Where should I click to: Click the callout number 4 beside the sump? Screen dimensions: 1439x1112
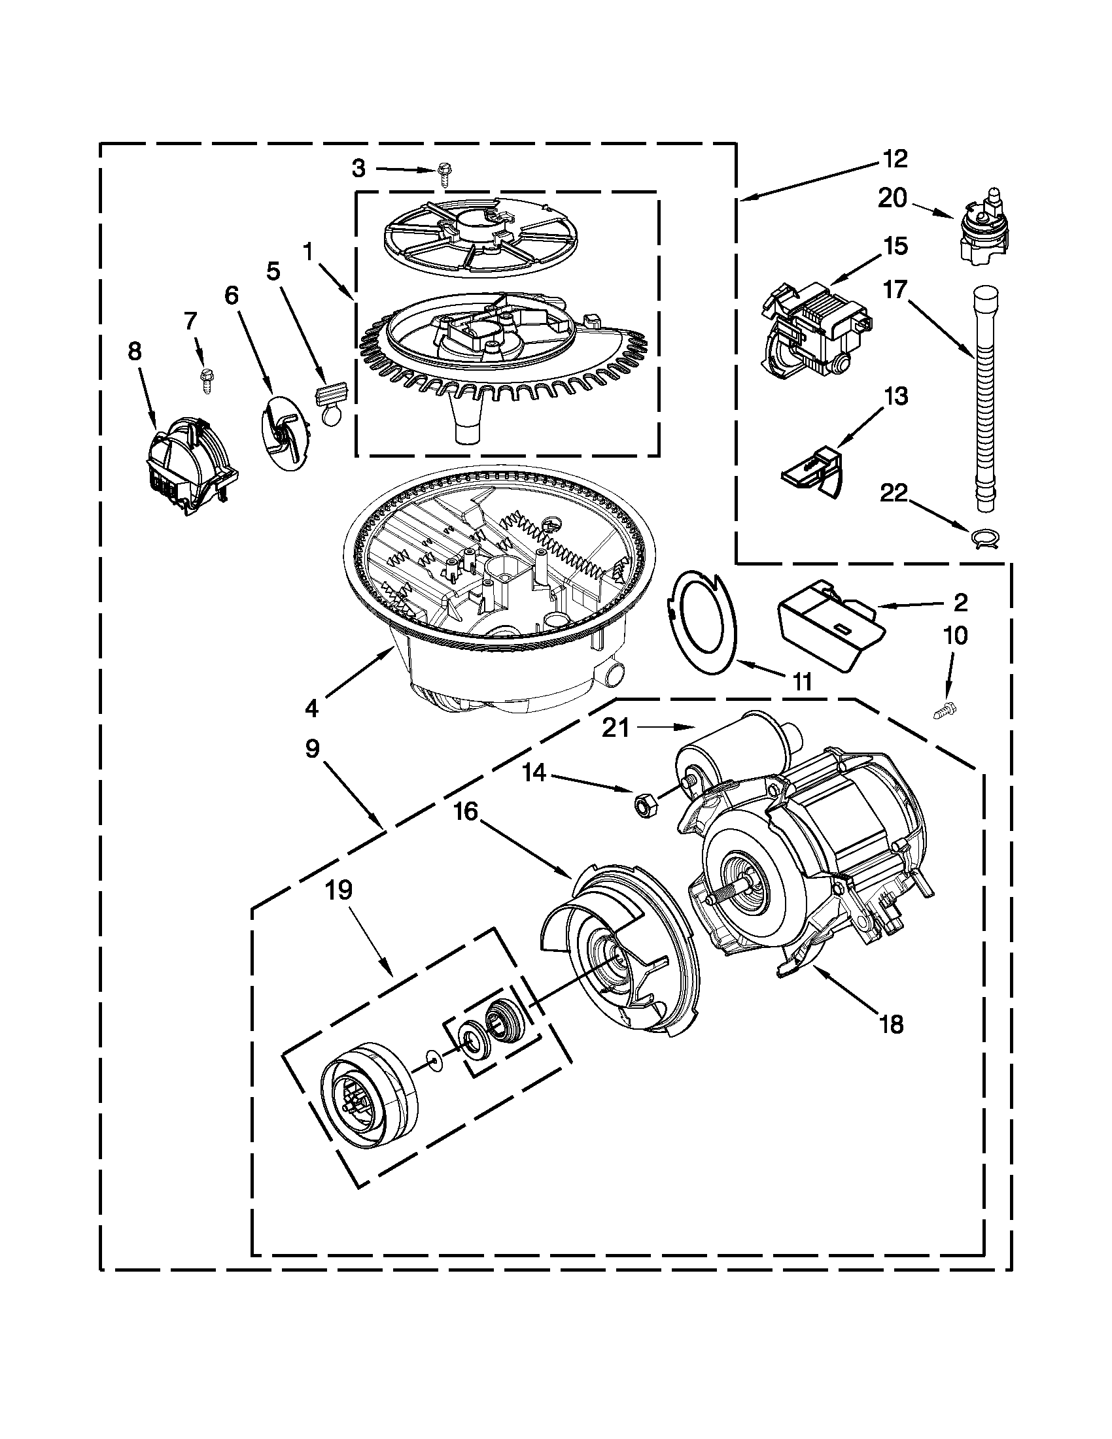(312, 708)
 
